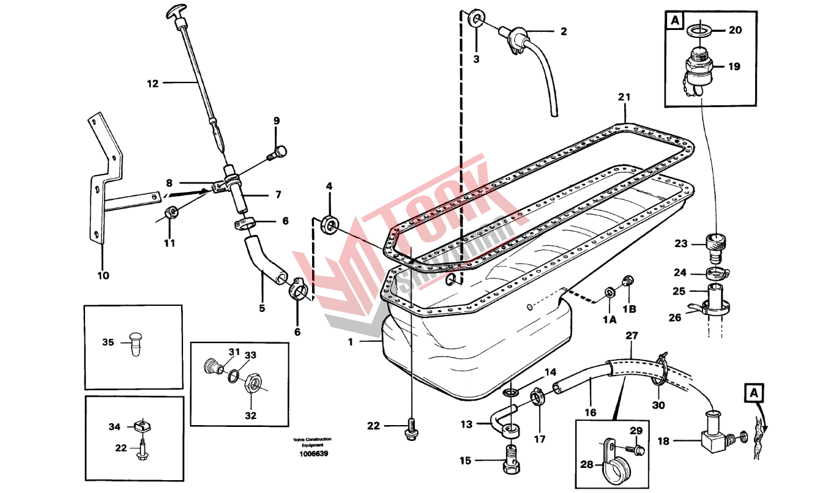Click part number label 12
152,83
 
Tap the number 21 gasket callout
624,97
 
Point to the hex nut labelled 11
173,212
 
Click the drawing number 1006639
313,453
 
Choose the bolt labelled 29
639,450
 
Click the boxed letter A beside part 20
674,20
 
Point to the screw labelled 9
278,150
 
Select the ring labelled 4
332,224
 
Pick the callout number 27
631,335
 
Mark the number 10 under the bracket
103,275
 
